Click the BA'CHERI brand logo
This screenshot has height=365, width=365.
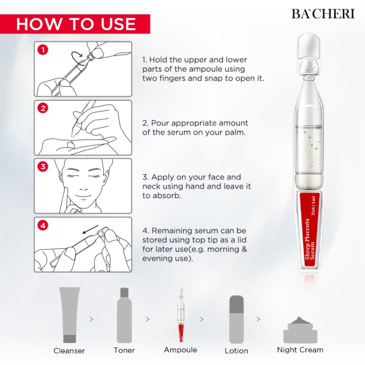(323, 13)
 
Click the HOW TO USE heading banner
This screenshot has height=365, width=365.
(75, 24)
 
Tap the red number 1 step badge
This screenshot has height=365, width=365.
(43, 50)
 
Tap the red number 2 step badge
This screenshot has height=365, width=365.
(43, 109)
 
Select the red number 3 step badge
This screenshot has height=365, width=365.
(43, 167)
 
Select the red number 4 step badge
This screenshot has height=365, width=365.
(43, 225)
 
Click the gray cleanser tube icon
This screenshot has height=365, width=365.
(69, 315)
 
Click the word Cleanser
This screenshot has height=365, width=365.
(69, 351)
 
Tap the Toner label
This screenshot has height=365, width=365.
(124, 350)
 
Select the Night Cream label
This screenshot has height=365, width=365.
(300, 350)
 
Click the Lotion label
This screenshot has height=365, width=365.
(236, 351)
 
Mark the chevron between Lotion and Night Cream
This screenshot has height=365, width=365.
(259, 319)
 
